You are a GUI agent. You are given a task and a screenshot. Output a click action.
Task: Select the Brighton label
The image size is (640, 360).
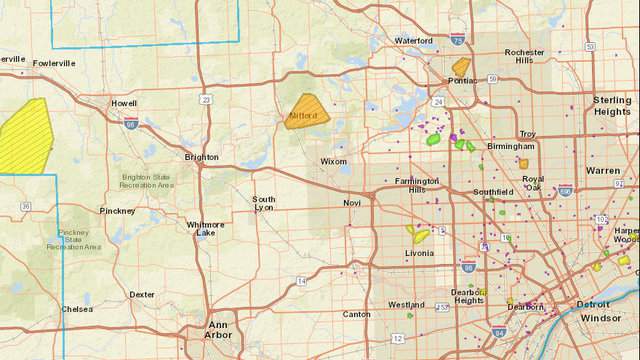pos(201,157)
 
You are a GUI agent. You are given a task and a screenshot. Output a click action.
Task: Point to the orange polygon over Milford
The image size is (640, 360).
pos(306,111)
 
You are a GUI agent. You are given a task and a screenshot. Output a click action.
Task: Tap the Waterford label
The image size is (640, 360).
pos(414,41)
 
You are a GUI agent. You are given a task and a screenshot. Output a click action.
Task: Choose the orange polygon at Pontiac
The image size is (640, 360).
pos(461,68)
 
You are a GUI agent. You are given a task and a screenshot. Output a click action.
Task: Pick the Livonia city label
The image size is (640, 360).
pos(420,253)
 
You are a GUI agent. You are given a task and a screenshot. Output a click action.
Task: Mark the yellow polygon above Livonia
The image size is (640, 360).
pos(417,235)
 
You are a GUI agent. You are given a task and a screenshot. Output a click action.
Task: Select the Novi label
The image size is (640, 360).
pos(351,203)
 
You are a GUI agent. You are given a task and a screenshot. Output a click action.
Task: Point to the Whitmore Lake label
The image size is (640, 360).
pos(206,229)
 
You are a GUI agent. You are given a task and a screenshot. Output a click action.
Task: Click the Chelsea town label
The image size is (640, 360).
pos(77,309)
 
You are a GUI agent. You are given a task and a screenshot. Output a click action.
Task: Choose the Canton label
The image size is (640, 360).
pos(356,314)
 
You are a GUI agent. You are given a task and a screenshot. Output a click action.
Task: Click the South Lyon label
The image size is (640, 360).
pos(264,204)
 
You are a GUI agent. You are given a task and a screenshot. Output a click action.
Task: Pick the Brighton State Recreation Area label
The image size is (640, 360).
pos(149,181)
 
